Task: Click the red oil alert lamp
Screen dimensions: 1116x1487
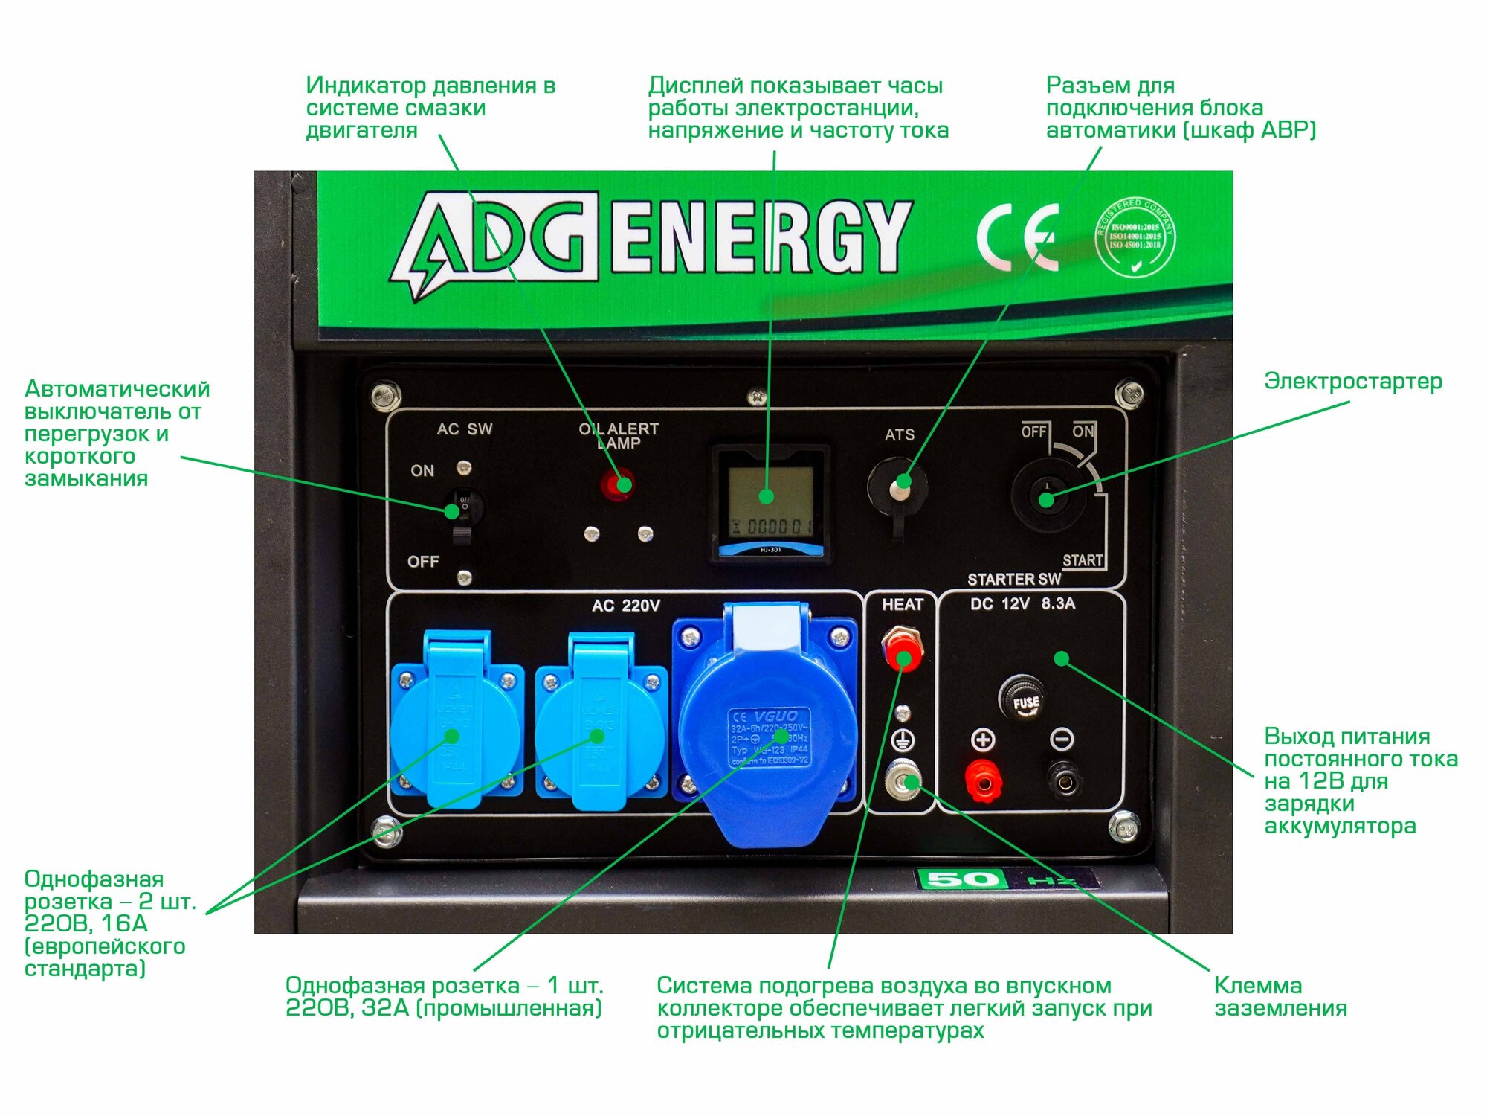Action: pyautogui.click(x=616, y=485)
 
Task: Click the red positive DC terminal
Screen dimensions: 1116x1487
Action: pyautogui.click(x=982, y=780)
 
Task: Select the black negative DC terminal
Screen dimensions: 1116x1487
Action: pyautogui.click(x=1064, y=780)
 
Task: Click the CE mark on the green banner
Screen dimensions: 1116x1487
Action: pyautogui.click(x=1017, y=238)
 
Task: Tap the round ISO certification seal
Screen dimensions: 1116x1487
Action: pyautogui.click(x=1135, y=237)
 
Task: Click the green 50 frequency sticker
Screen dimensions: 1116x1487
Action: pyautogui.click(x=962, y=879)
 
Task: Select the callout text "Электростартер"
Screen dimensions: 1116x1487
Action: pyautogui.click(x=1352, y=382)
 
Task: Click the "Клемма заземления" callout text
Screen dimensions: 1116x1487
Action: pyautogui.click(x=1280, y=996)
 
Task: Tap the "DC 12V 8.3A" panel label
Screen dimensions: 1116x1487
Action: pyautogui.click(x=1022, y=604)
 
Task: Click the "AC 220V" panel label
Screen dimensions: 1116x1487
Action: pyautogui.click(x=625, y=606)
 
